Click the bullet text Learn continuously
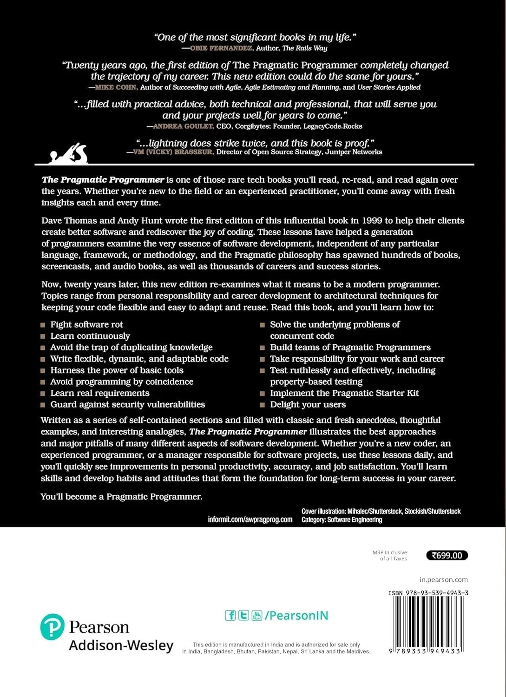pyautogui.click(x=90, y=336)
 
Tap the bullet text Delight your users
pyautogui.click(x=308, y=405)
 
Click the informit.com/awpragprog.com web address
pyautogui.click(x=250, y=519)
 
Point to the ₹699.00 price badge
pyautogui.click(x=447, y=555)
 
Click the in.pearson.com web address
pyautogui.click(x=443, y=580)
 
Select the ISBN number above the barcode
pyautogui.click(x=428, y=593)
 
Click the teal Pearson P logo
pyautogui.click(x=52, y=627)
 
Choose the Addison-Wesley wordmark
pyautogui.click(x=121, y=645)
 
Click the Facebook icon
pyautogui.click(x=230, y=616)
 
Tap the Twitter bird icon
pyautogui.click(x=243, y=616)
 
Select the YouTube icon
pyautogui.click(x=256, y=616)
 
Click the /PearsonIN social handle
pyautogui.click(x=296, y=616)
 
